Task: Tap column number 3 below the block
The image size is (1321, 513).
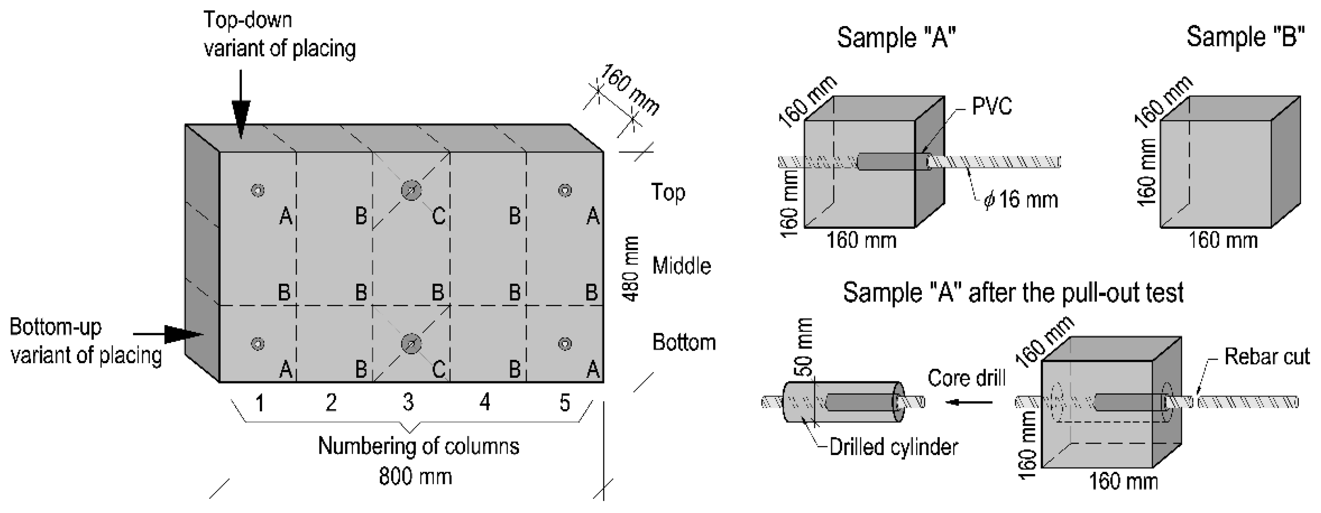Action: click(x=408, y=402)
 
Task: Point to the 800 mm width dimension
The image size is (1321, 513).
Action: click(x=416, y=477)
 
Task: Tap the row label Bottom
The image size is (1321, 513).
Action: click(x=684, y=342)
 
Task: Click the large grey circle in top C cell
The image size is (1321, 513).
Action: click(x=411, y=190)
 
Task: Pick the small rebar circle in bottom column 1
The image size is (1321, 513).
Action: click(x=258, y=343)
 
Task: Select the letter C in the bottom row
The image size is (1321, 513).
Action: click(x=439, y=369)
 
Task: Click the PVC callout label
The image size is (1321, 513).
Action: click(x=992, y=106)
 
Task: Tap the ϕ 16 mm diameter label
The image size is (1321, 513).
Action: click(x=1020, y=199)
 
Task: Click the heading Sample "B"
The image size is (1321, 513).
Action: click(x=1245, y=38)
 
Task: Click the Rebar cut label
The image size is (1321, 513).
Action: click(x=1267, y=357)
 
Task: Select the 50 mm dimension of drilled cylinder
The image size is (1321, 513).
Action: click(x=806, y=347)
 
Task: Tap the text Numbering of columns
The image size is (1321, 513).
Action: click(x=419, y=446)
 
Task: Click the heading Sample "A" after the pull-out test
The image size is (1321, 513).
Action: click(x=1013, y=293)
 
